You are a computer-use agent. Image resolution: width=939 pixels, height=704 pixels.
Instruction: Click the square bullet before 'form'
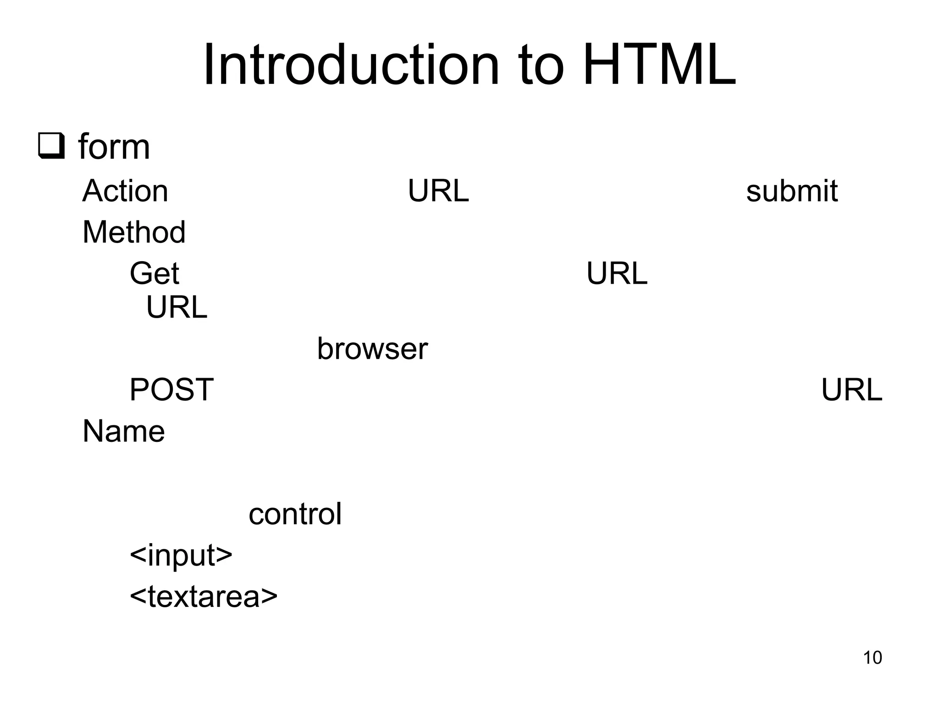[51, 146]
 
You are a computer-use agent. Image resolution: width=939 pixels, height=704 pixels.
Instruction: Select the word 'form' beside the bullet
[114, 147]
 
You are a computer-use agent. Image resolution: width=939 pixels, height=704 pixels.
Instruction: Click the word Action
[125, 191]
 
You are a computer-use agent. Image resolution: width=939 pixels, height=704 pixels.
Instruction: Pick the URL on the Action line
[438, 191]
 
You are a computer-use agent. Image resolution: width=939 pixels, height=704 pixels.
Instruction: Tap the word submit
[792, 191]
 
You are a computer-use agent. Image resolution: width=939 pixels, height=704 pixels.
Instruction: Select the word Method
[134, 232]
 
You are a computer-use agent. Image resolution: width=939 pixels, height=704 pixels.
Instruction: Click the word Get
[155, 274]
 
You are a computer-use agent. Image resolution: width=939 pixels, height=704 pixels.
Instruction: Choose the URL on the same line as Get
[617, 274]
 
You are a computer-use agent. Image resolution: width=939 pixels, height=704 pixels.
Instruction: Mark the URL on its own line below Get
[177, 307]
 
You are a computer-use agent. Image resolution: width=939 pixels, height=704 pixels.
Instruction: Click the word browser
[372, 349]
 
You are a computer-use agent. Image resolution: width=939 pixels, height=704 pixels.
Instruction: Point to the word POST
[171, 390]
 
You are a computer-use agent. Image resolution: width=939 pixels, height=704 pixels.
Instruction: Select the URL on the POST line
[851, 390]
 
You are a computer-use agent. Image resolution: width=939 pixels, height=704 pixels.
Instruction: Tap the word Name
[124, 431]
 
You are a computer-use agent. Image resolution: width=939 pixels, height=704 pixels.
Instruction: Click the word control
[295, 514]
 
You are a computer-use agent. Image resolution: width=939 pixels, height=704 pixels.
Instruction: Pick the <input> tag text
[181, 555]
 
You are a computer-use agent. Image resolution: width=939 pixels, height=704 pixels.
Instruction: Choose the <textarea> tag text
[204, 597]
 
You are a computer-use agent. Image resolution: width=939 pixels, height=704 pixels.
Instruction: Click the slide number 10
[873, 658]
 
